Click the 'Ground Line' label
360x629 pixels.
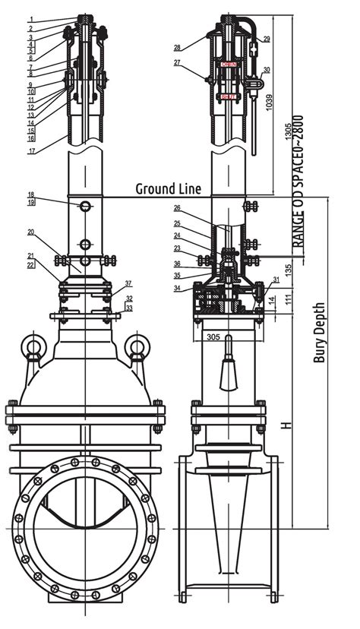point(168,188)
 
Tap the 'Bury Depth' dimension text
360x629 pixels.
point(320,333)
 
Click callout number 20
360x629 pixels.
point(30,232)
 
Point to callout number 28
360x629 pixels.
point(177,47)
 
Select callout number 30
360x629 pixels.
point(266,70)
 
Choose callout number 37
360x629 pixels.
point(128,283)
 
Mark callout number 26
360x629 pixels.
point(177,208)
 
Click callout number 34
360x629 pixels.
point(177,288)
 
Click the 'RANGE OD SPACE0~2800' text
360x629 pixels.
point(300,182)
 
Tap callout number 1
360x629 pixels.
point(30,19)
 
